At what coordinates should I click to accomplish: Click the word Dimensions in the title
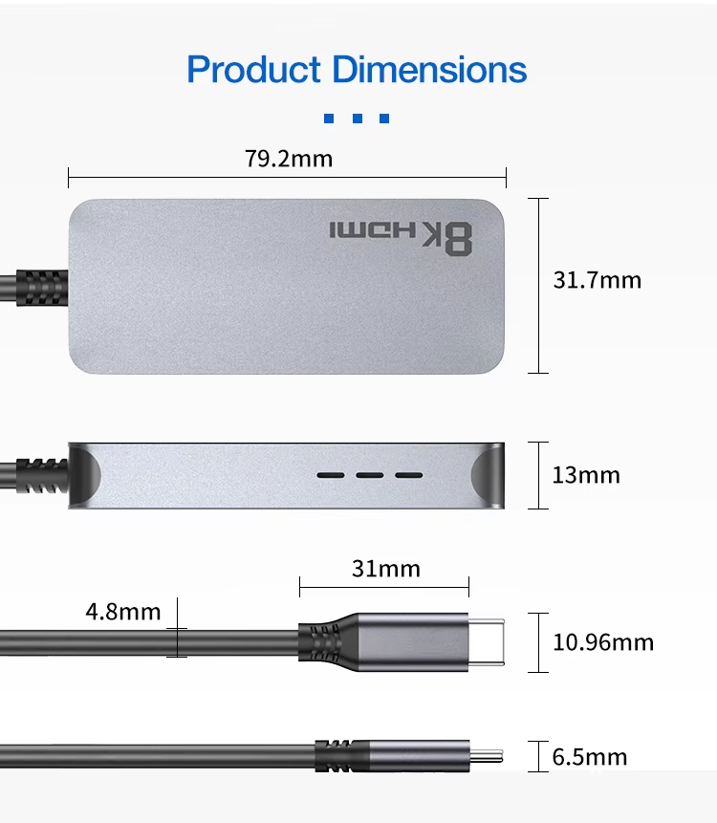point(430,69)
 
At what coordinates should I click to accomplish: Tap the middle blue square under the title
point(358,119)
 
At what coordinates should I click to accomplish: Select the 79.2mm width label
point(289,159)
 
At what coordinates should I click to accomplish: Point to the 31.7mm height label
point(597,280)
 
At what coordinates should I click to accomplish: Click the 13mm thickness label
point(586,475)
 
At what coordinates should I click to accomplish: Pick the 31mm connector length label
point(386,569)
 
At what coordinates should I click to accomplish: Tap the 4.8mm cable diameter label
point(123,612)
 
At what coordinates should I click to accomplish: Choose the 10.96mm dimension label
point(603,642)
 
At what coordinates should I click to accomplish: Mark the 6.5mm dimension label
point(590,757)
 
